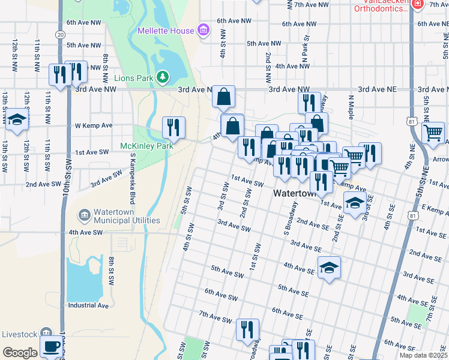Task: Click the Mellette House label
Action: click(x=166, y=31)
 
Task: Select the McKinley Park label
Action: click(x=146, y=146)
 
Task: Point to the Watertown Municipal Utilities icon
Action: click(x=84, y=215)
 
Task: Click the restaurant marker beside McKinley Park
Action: click(x=173, y=127)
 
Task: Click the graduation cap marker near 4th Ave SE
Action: click(x=329, y=267)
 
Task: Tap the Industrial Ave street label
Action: click(x=88, y=305)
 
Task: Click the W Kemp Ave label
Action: click(x=94, y=126)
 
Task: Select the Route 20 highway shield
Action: click(x=60, y=35)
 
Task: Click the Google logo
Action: click(x=20, y=353)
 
